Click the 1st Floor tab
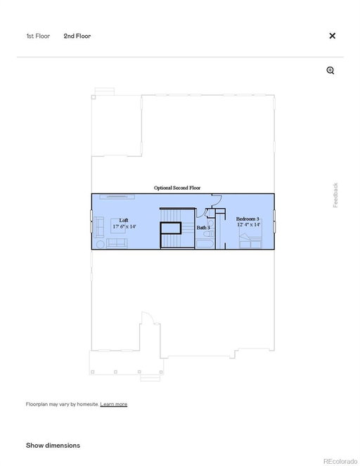pos(38,36)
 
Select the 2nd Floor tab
pos(77,36)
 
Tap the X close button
pos(333,36)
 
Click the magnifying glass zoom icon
pos(330,70)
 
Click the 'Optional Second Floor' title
pos(177,188)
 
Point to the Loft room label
pos(124,220)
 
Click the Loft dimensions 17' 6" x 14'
pos(124,226)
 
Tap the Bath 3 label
pos(203,228)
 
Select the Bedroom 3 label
pos(247,219)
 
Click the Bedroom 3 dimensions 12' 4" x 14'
pos(249,225)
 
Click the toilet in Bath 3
pos(209,234)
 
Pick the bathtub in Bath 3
pos(205,244)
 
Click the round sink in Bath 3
pos(210,223)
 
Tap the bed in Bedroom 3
pos(250,240)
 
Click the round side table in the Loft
pos(101,245)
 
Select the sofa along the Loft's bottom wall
pos(117,243)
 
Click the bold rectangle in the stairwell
pos(171,228)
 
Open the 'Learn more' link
pos(114,404)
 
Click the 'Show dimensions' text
pos(53,445)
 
